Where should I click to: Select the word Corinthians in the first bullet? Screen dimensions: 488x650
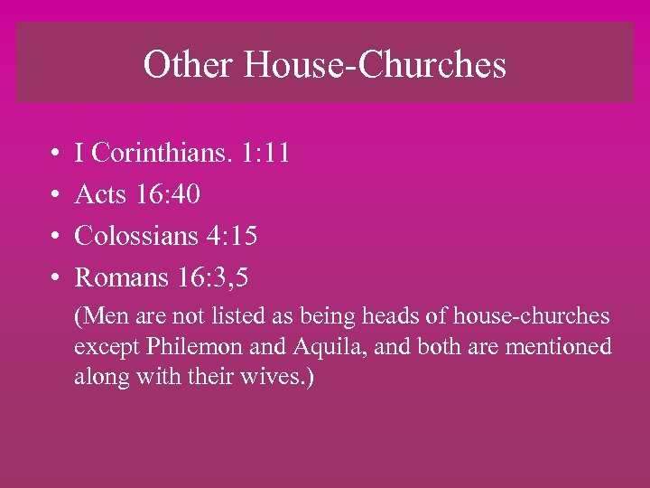point(160,152)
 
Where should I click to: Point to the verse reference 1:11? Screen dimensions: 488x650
point(266,152)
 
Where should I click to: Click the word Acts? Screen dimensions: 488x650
point(101,193)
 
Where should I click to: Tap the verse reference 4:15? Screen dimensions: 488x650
point(232,236)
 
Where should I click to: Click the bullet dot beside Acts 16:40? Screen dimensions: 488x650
point(55,194)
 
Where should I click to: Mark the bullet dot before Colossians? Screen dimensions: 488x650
point(55,237)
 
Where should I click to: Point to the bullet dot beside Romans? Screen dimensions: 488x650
point(55,278)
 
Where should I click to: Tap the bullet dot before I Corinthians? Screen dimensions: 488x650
point(55,153)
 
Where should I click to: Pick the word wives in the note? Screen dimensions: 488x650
point(274,375)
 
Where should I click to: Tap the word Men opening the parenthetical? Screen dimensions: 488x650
point(101,317)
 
